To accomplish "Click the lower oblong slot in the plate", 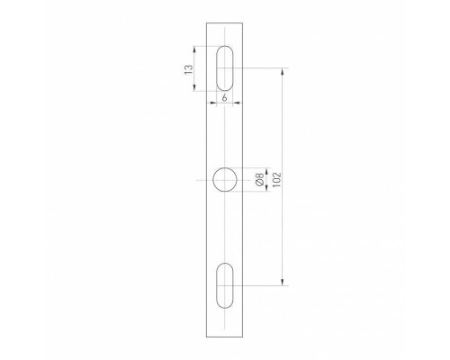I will tap(225, 286).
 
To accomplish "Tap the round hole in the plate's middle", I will tap(225, 180).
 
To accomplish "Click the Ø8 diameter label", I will tap(260, 180).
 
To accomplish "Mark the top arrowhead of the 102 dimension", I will tap(283, 70).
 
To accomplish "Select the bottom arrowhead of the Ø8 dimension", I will tap(254, 191).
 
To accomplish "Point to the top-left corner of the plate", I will tap(205, 22).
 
